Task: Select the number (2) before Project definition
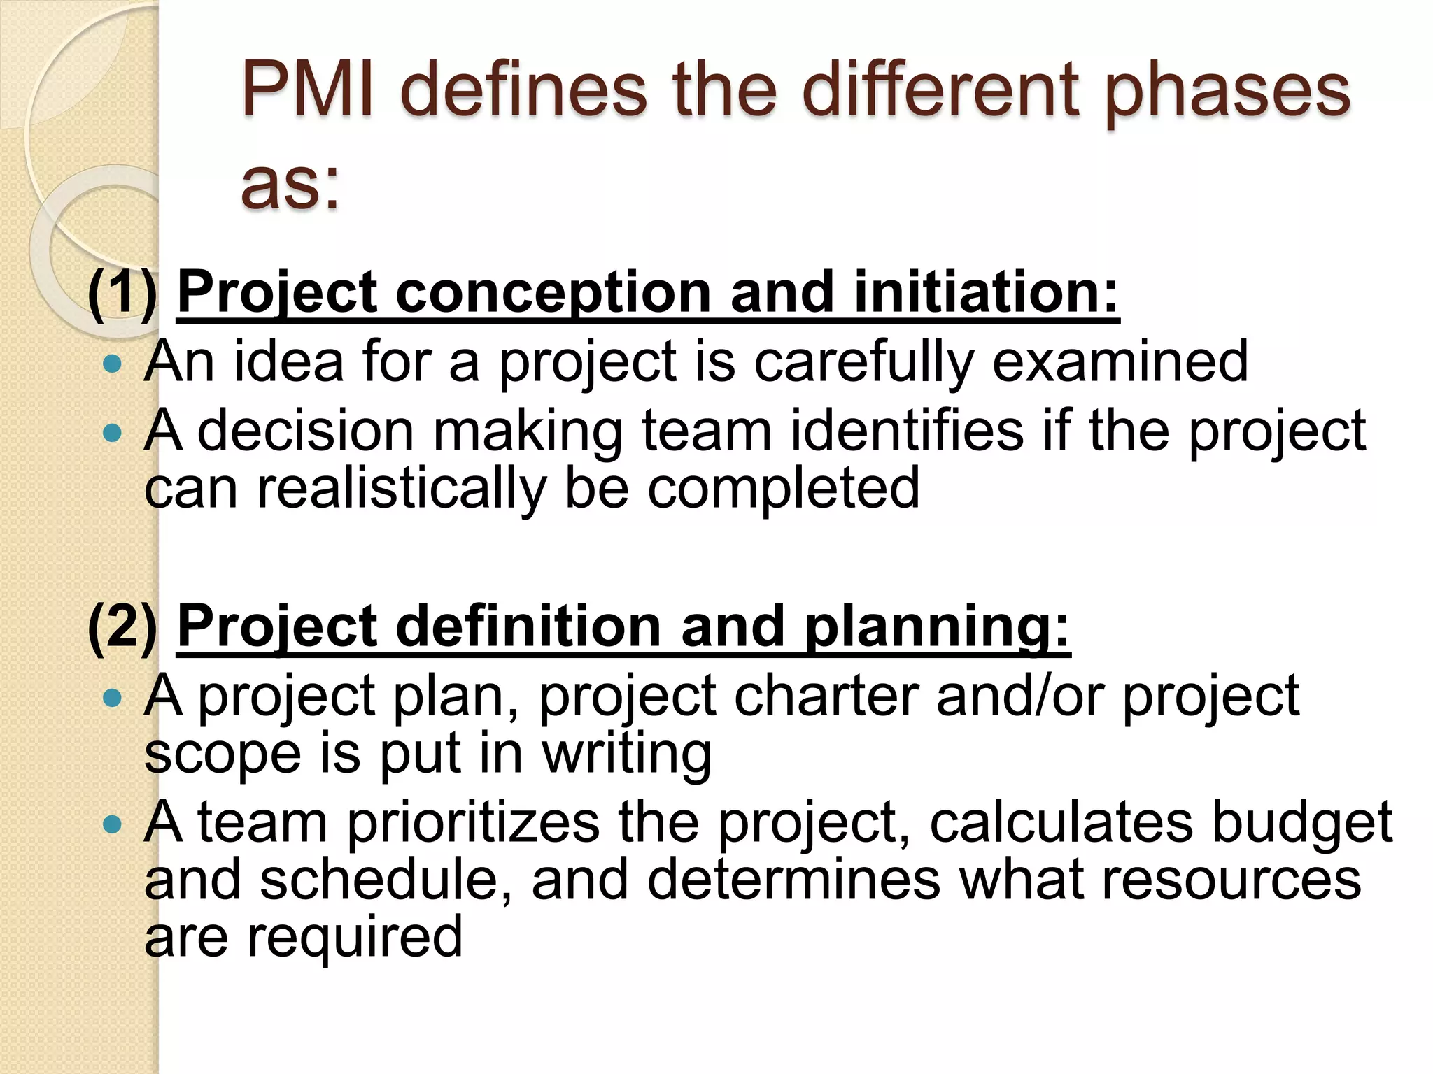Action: coord(123,626)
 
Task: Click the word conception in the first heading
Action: coord(553,294)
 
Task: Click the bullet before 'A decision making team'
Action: coord(111,433)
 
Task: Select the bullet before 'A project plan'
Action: coord(111,697)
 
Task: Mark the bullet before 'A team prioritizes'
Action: coord(111,824)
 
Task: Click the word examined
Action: coord(1120,361)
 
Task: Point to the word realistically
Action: coord(402,489)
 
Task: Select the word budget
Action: coord(1301,824)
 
